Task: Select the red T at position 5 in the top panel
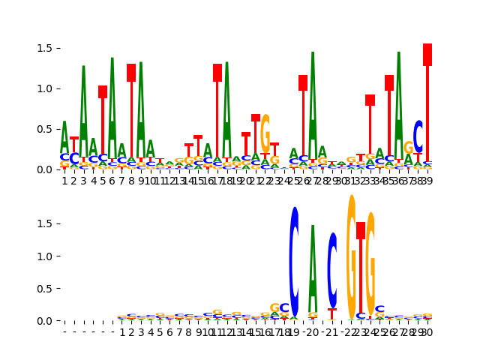103,120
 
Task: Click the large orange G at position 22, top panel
265,133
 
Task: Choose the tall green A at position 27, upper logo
313,97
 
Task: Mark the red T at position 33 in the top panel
370,124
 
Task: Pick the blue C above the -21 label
332,270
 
